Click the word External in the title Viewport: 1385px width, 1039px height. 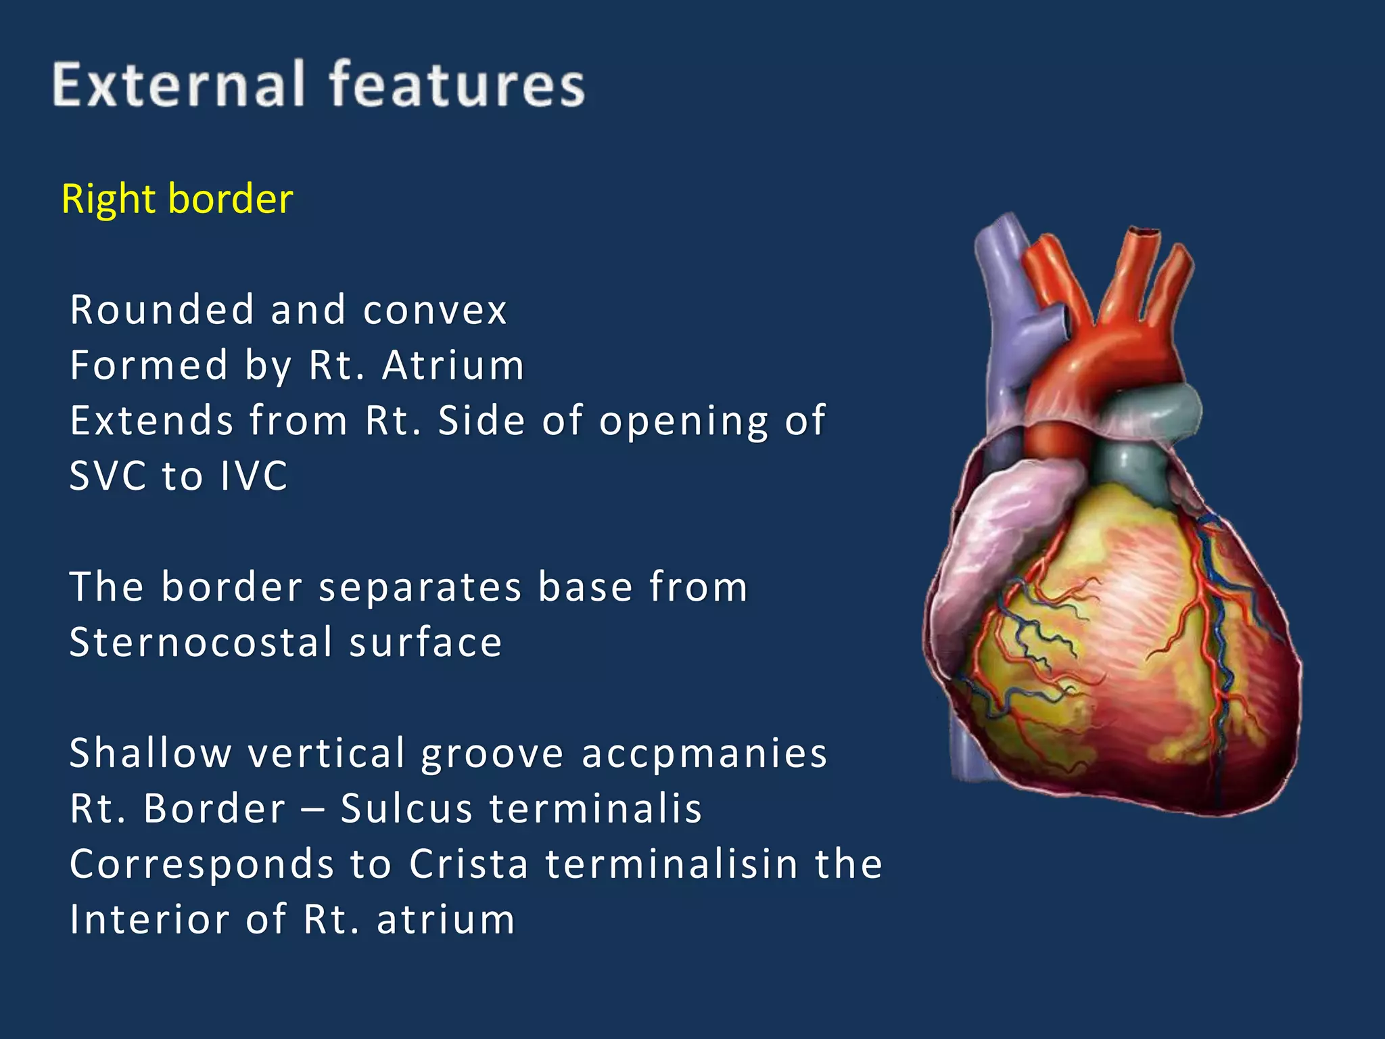click(178, 85)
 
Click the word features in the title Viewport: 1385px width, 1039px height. click(457, 85)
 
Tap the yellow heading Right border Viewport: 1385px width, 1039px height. click(177, 199)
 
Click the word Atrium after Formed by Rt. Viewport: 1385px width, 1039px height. click(453, 366)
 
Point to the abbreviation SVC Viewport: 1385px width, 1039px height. click(108, 476)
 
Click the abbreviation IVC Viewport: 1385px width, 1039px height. click(254, 476)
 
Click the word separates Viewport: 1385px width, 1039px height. click(420, 586)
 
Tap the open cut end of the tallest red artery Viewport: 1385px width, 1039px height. click(1144, 232)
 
